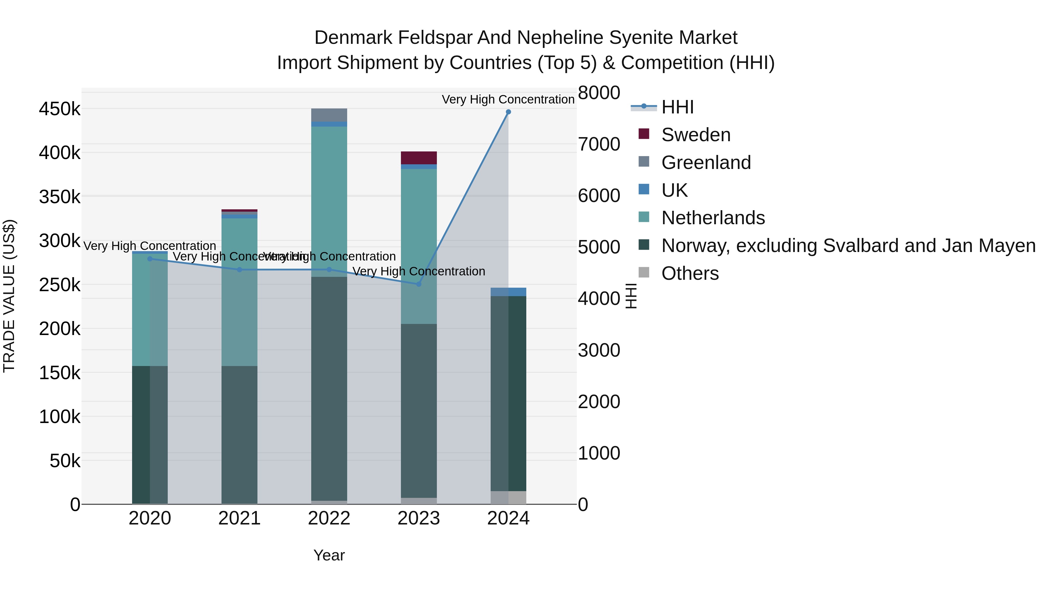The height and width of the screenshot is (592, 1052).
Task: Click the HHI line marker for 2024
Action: (x=508, y=112)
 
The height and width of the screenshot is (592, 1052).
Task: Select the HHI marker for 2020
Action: (x=150, y=259)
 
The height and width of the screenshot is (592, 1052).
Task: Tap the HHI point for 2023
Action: (x=418, y=284)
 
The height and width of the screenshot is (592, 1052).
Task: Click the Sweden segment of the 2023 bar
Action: (x=418, y=158)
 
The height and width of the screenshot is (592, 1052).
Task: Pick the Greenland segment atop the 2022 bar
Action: (x=329, y=115)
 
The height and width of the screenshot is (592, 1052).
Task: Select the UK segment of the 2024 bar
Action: (x=508, y=292)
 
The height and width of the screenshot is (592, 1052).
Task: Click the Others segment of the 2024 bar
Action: (x=508, y=497)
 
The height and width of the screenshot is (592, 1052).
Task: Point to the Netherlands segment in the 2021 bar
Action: (x=239, y=292)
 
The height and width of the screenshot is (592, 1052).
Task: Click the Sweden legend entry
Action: (x=695, y=135)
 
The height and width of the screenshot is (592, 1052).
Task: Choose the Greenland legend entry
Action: (x=706, y=163)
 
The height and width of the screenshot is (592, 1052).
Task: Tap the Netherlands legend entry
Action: (x=713, y=218)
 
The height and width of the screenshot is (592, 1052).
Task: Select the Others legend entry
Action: (x=690, y=273)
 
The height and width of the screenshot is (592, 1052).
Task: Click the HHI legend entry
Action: (x=677, y=107)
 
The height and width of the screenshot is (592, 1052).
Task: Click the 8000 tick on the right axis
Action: (x=599, y=93)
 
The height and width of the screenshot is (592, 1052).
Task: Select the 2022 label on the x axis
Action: (x=329, y=518)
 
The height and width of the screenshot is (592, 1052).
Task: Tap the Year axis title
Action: (x=329, y=555)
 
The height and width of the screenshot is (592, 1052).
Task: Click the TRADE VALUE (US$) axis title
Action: (x=9, y=296)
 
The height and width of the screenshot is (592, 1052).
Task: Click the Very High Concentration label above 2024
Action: (x=508, y=99)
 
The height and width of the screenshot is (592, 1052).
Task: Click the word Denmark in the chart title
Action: (x=353, y=38)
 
